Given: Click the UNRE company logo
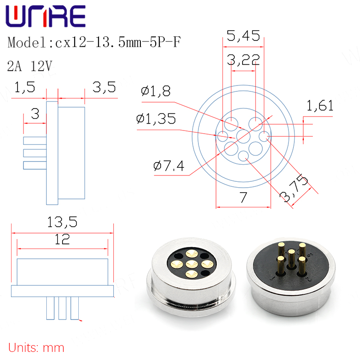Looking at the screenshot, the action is pyautogui.click(x=46, y=16).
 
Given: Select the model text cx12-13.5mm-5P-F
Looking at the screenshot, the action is pyautogui.click(x=118, y=42).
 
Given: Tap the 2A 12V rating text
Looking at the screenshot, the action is pyautogui.click(x=30, y=66).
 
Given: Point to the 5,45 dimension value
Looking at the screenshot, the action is pyautogui.click(x=243, y=36).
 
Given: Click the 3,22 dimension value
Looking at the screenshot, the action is pyautogui.click(x=243, y=60).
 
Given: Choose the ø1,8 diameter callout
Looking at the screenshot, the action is pyautogui.click(x=156, y=91).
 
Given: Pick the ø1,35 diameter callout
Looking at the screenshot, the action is pyautogui.click(x=156, y=119).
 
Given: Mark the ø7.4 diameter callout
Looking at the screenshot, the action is pyautogui.click(x=169, y=166).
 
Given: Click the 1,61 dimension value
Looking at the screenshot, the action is pyautogui.click(x=320, y=106).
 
